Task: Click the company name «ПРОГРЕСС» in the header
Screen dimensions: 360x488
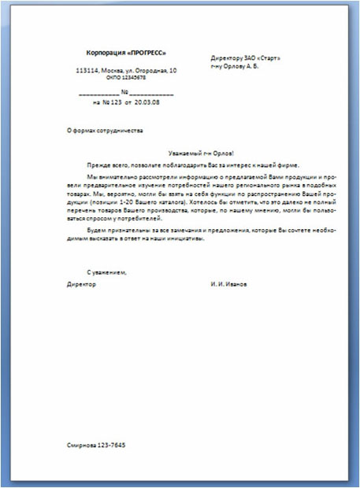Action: tap(148, 53)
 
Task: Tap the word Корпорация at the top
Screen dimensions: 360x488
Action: tap(109, 53)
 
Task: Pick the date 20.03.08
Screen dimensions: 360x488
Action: tap(147, 102)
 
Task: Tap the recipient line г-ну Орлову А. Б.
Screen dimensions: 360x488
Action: tap(239, 66)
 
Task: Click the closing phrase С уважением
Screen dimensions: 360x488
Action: tap(106, 272)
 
